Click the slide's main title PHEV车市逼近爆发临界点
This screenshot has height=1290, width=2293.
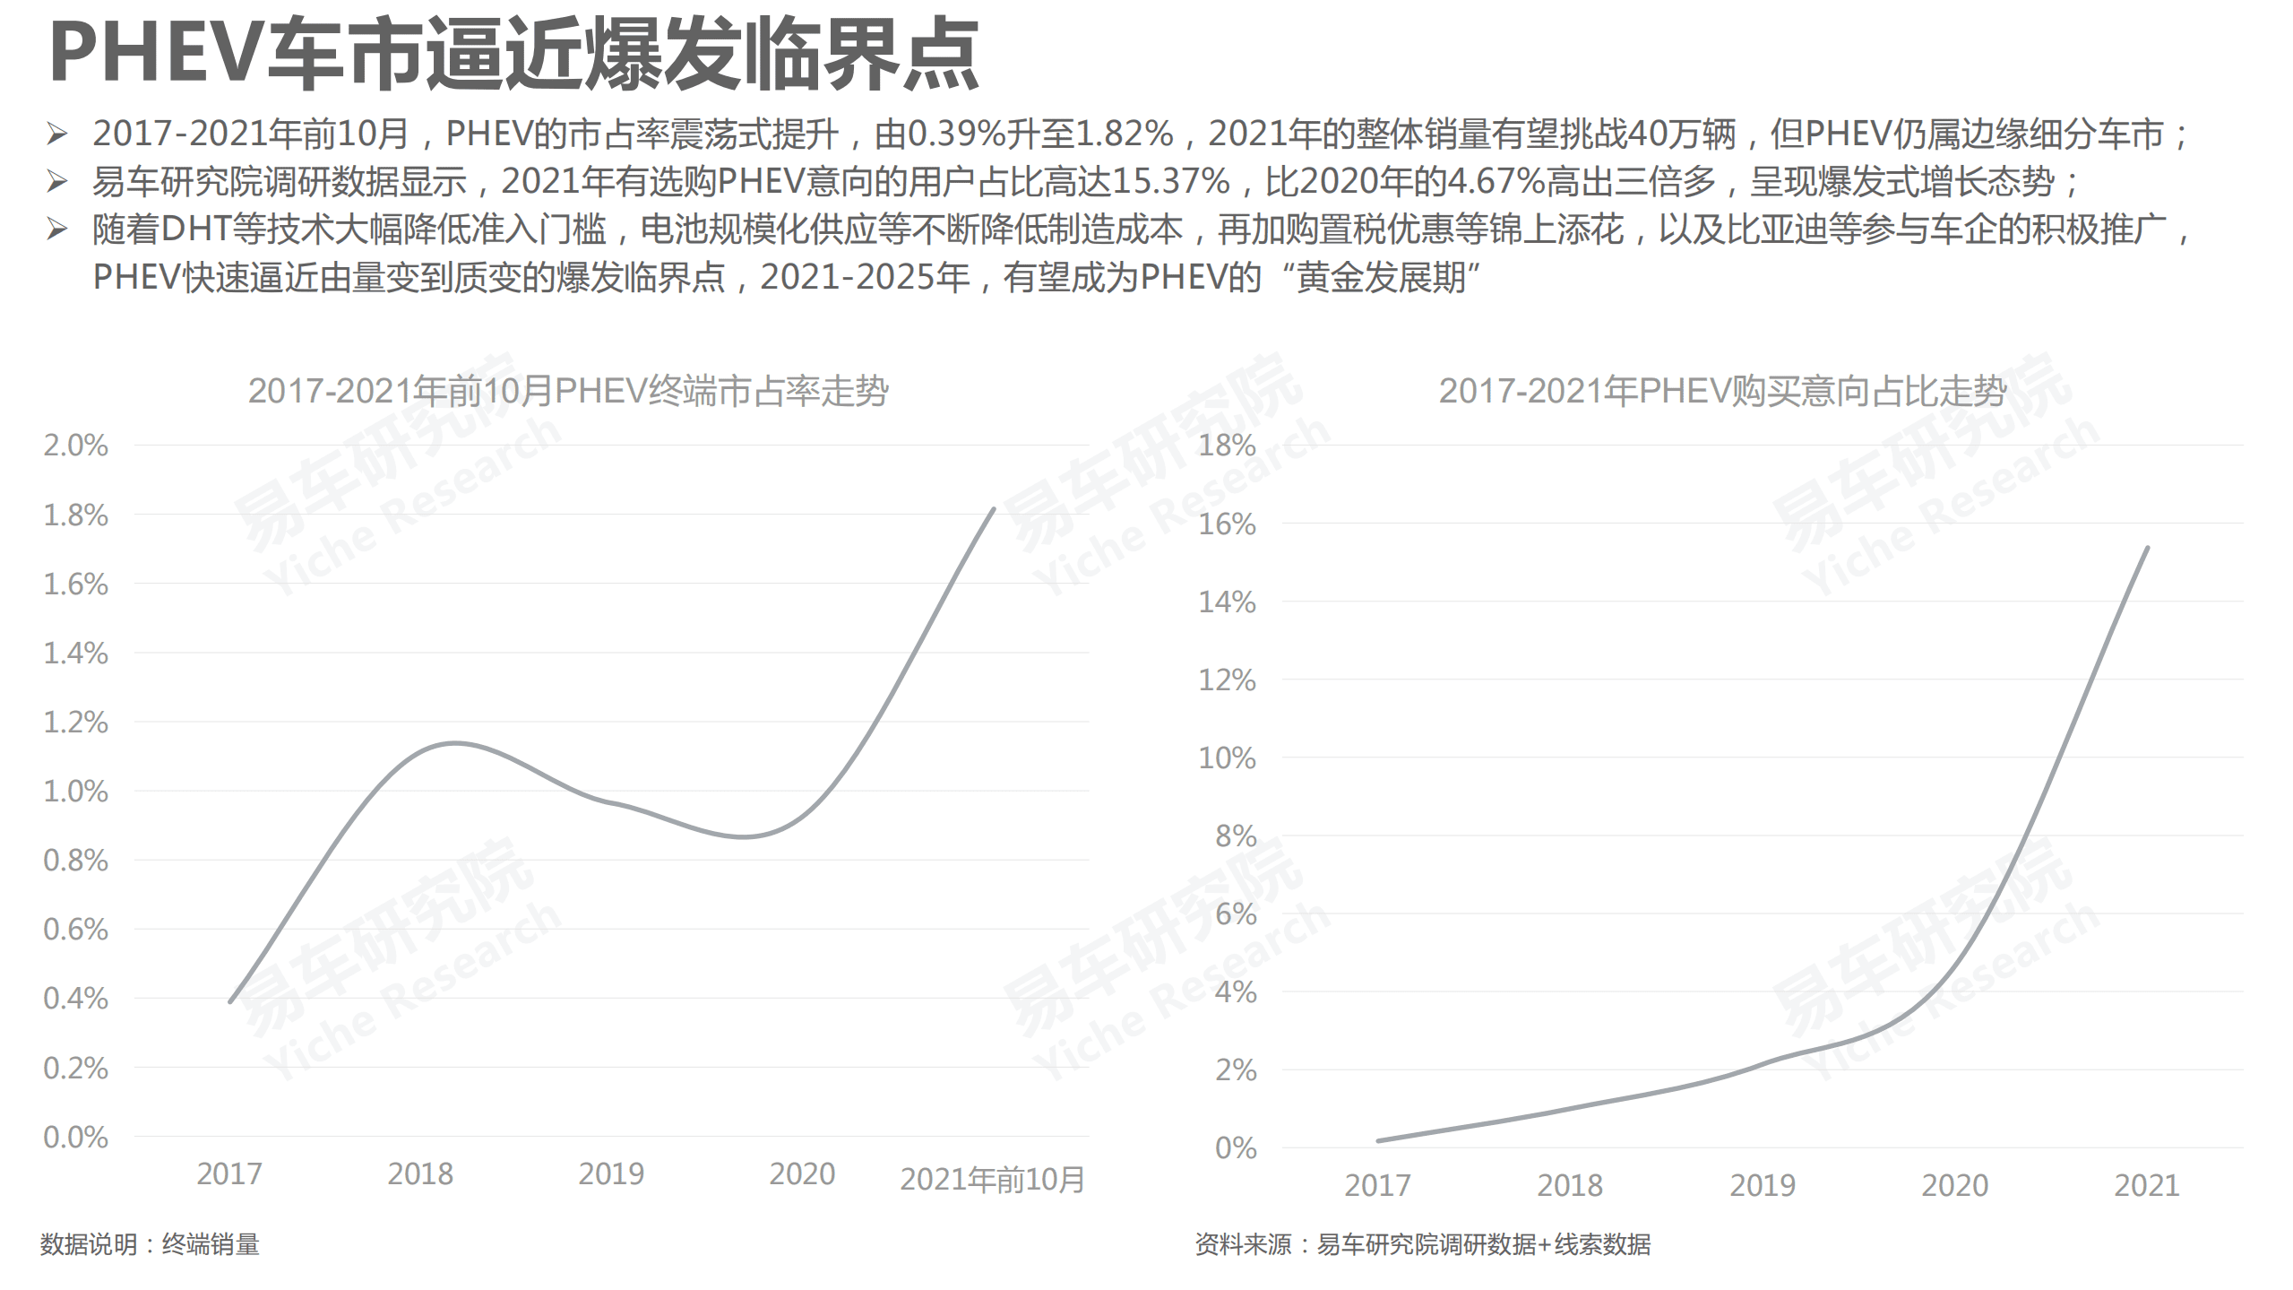click(x=513, y=56)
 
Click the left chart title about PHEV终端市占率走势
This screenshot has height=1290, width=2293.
click(x=567, y=392)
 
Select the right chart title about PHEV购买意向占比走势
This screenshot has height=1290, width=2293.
click(x=1721, y=392)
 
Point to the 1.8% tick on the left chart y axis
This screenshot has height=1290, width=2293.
click(x=75, y=515)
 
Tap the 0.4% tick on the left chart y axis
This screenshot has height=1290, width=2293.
click(x=75, y=998)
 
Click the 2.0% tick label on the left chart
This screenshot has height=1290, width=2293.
click(x=75, y=446)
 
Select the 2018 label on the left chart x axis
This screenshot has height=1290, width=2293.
click(x=420, y=1174)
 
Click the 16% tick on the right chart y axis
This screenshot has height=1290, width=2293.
click(x=1227, y=524)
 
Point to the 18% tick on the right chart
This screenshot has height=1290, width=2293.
click(x=1227, y=446)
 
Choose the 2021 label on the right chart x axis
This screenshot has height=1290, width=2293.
click(x=2146, y=1186)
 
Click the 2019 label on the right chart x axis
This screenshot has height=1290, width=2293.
click(x=1762, y=1186)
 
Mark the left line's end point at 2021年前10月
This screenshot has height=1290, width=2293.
click(x=994, y=509)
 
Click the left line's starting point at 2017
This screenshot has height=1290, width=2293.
click(x=230, y=1001)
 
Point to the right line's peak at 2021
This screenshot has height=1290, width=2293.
click(x=2147, y=548)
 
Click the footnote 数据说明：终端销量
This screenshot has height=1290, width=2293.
click(x=150, y=1244)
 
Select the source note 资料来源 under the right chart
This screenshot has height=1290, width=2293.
click(x=1422, y=1244)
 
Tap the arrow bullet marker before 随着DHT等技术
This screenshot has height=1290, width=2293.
click(x=57, y=230)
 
